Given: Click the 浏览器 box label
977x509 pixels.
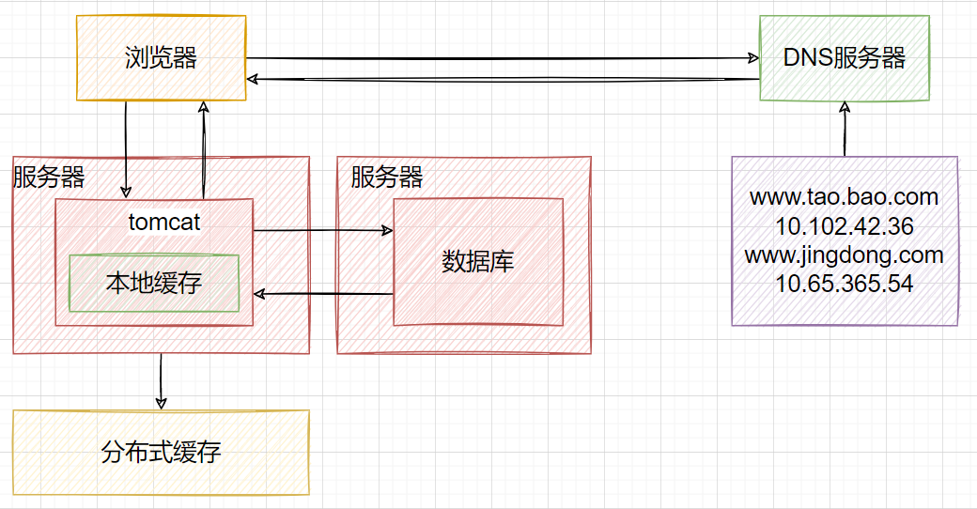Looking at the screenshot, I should click(161, 58).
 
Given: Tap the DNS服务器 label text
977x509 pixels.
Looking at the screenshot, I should click(845, 58).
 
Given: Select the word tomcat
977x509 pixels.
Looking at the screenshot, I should click(164, 223).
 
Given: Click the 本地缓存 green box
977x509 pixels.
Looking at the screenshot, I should click(154, 283).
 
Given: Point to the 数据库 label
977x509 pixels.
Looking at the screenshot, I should click(478, 261).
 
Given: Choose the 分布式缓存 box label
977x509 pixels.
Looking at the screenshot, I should click(161, 453).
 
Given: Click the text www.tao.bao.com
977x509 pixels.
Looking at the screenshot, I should click(845, 197).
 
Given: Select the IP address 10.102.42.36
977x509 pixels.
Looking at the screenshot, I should click(845, 226).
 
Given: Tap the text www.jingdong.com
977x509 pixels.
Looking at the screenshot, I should click(845, 254).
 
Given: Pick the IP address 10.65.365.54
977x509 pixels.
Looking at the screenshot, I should click(845, 284).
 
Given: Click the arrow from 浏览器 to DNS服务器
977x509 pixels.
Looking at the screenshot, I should click(503, 57).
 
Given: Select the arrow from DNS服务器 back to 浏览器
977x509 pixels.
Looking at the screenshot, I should click(503, 80).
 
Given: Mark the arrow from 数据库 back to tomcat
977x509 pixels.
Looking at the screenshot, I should click(323, 294).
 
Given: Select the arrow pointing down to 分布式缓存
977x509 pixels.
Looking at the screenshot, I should click(162, 381).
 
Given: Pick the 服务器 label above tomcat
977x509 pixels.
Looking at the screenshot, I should click(49, 177).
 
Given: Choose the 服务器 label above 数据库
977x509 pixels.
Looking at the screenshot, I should click(387, 177).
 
